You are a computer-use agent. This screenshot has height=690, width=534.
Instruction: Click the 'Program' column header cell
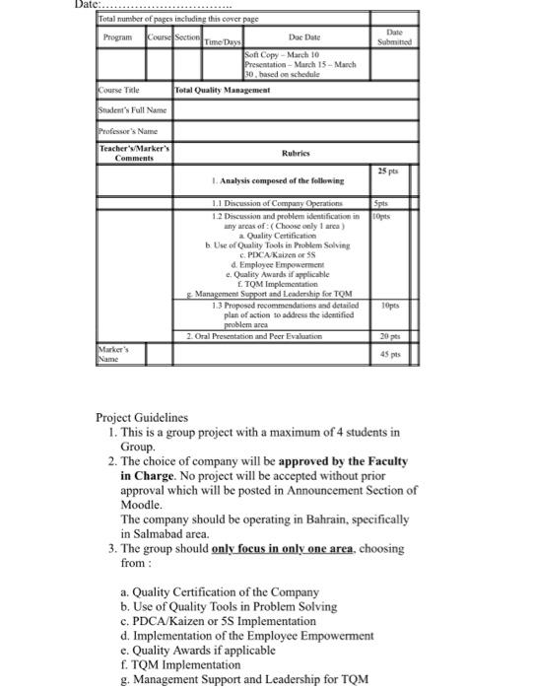click(120, 37)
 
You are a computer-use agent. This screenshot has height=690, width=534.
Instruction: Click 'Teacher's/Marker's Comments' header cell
click(134, 153)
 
